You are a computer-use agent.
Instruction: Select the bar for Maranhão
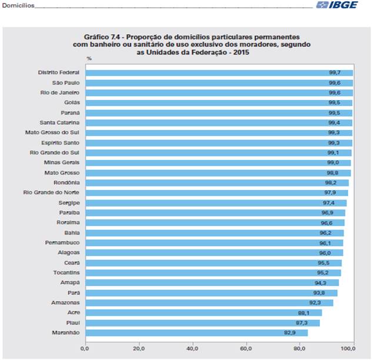[196, 333]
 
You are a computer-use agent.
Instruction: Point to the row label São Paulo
[65, 82]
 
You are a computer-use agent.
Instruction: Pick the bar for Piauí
[203, 323]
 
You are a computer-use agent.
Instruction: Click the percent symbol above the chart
[89, 59]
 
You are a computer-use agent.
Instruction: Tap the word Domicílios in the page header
[18, 5]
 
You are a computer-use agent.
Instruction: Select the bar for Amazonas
[209, 303]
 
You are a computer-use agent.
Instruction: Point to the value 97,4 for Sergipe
[329, 202]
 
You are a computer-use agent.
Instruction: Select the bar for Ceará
[213, 263]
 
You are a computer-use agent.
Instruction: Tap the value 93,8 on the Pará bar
[320, 293]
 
